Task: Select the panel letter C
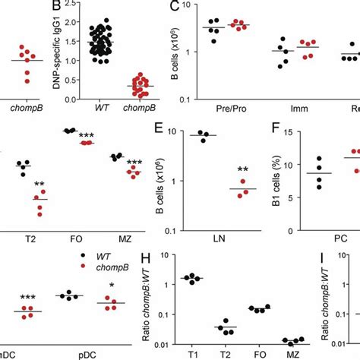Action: point(174,7)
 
